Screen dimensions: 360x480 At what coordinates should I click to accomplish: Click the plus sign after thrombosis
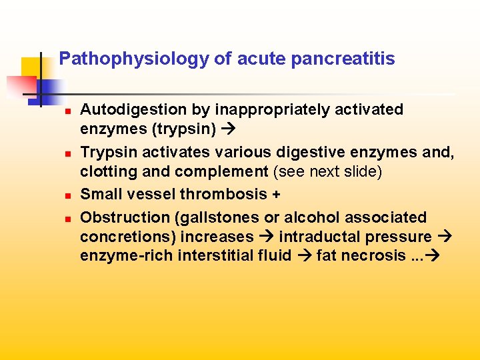coord(276,195)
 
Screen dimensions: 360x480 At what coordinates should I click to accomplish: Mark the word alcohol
coord(307,217)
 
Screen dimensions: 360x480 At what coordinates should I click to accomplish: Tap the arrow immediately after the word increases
coord(267,237)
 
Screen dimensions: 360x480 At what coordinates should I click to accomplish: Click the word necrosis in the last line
coord(376,255)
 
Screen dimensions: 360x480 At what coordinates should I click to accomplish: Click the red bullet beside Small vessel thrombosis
coord(67,195)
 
